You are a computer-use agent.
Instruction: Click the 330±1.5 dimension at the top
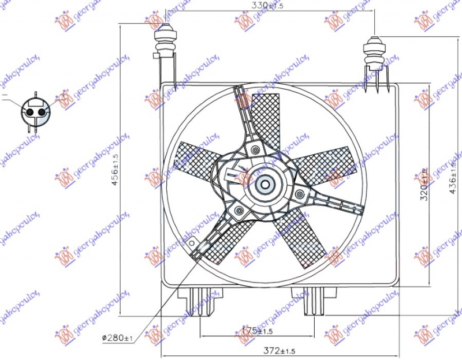269,6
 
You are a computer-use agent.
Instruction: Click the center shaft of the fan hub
265,185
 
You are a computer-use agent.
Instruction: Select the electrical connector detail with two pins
35,110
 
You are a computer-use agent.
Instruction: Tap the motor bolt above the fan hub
255,151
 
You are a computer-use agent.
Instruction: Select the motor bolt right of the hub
299,194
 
